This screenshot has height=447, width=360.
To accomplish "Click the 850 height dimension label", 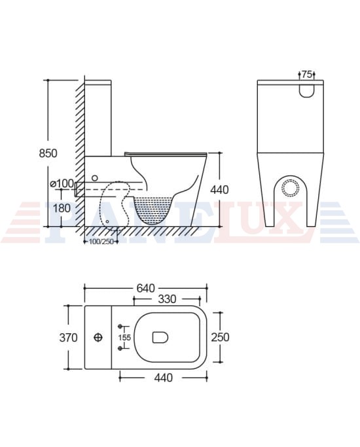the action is [x=48, y=153].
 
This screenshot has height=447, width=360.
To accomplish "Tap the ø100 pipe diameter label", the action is [x=62, y=183].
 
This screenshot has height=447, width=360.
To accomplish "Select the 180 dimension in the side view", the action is [x=62, y=208].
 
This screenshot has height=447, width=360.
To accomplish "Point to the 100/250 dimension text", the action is [x=101, y=241].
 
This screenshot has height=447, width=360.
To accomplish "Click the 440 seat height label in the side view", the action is [x=219, y=190].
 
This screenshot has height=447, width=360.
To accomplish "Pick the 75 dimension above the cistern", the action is [x=306, y=75].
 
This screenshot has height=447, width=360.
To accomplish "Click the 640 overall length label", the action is [x=146, y=288].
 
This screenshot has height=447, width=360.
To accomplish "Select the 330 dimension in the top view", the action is [x=168, y=299].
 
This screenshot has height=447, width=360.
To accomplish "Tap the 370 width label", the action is [x=69, y=338].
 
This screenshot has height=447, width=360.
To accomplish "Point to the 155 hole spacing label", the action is [x=124, y=338].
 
